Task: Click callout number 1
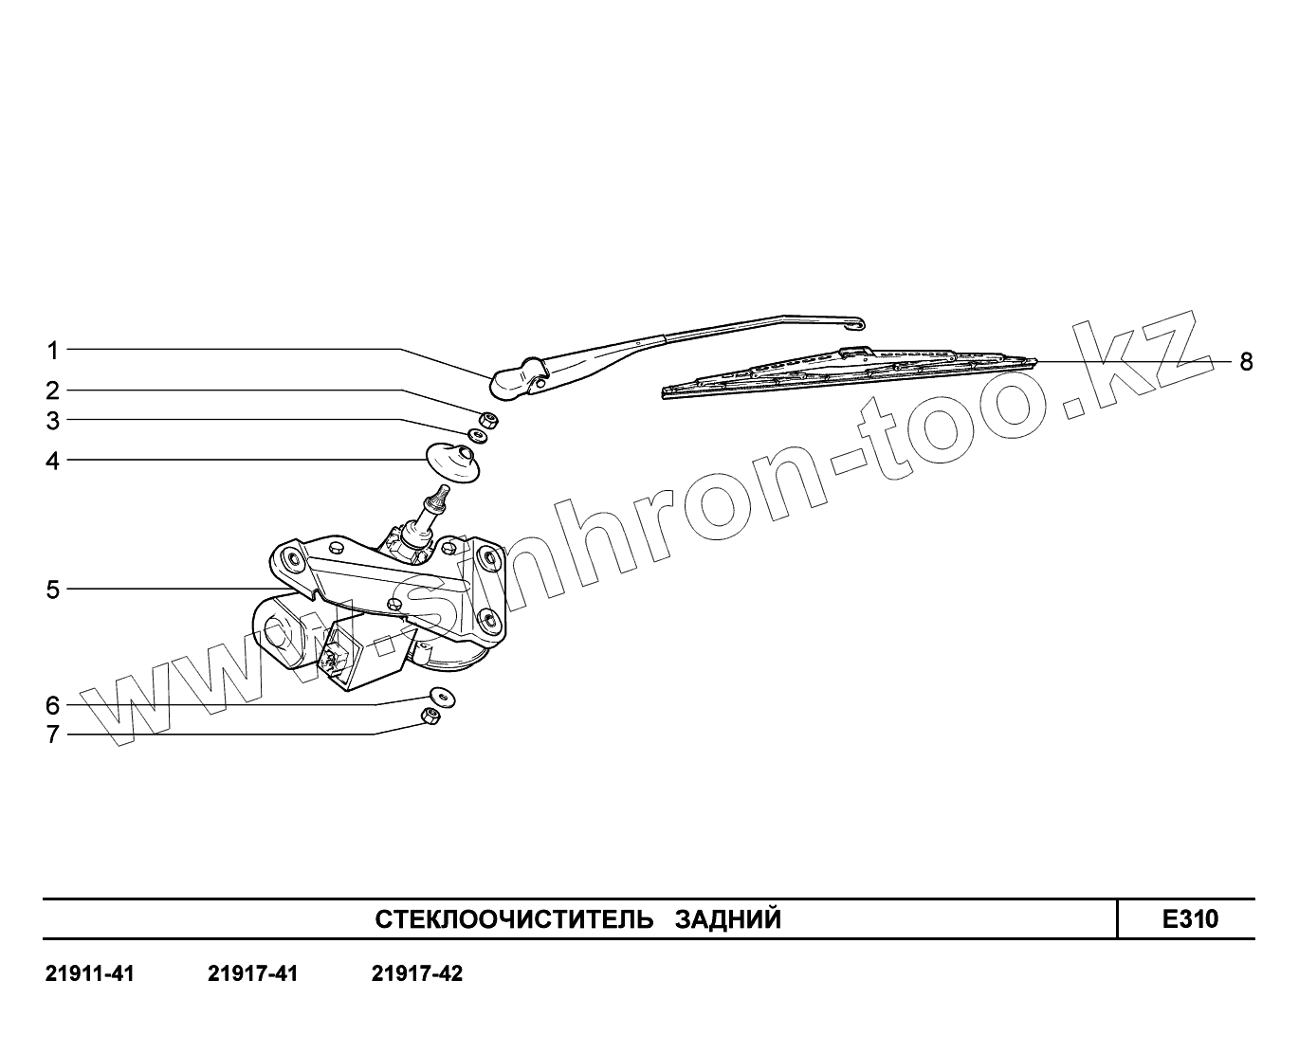click(53, 351)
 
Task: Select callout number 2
click(53, 390)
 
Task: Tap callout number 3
click(53, 420)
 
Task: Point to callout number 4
click(53, 462)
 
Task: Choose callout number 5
click(53, 590)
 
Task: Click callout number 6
click(53, 705)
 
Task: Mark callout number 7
click(53, 735)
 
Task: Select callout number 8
click(1246, 361)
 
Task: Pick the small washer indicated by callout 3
click(479, 435)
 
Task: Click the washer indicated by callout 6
click(439, 695)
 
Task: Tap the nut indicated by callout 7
click(430, 717)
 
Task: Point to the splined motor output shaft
click(436, 499)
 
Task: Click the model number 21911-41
click(90, 973)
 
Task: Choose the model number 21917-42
click(417, 973)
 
